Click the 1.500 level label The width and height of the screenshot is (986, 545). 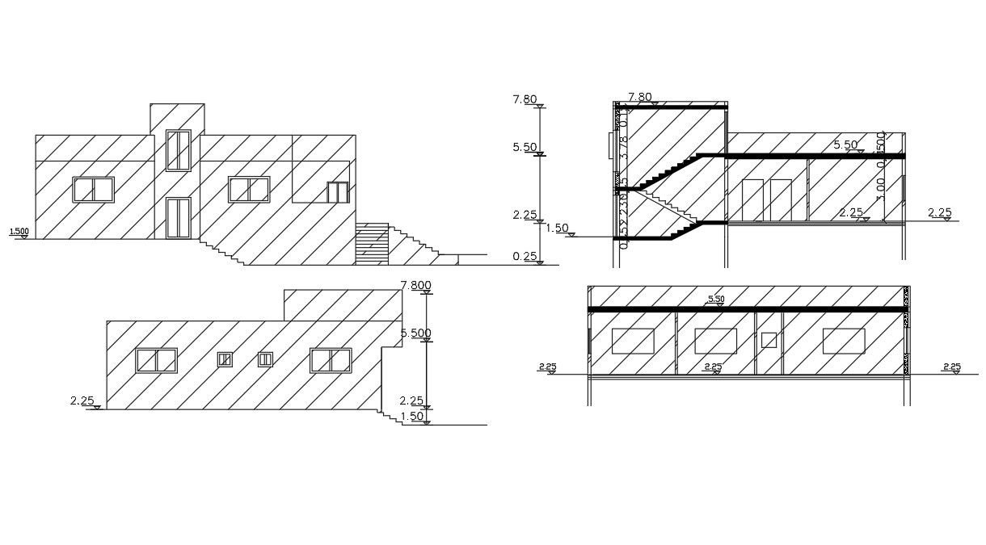pyautogui.click(x=19, y=232)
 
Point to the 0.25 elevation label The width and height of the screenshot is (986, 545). pyautogui.click(x=524, y=256)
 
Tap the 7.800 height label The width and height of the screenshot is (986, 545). pyautogui.click(x=415, y=285)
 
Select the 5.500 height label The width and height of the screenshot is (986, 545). pyautogui.click(x=415, y=333)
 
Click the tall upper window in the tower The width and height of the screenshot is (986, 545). pyautogui.click(x=178, y=150)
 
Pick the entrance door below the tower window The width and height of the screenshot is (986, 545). pyautogui.click(x=178, y=218)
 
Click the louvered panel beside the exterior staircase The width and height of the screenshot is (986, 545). pyautogui.click(x=372, y=244)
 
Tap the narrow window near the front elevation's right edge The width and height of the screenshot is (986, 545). pyautogui.click(x=337, y=192)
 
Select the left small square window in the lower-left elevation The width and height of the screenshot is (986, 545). pyautogui.click(x=225, y=359)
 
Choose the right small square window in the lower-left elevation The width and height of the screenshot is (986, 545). pyautogui.click(x=265, y=359)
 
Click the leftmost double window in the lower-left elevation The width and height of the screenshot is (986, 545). pyautogui.click(x=156, y=360)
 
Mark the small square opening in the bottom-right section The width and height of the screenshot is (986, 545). pyautogui.click(x=769, y=340)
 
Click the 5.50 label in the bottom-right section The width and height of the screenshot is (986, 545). pyautogui.click(x=716, y=300)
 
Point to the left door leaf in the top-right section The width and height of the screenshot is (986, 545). pyautogui.click(x=752, y=199)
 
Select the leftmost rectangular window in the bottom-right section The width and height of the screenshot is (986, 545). pyautogui.click(x=632, y=341)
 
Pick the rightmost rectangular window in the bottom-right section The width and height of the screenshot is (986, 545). pyautogui.click(x=844, y=341)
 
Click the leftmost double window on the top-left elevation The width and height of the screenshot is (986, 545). pyautogui.click(x=94, y=190)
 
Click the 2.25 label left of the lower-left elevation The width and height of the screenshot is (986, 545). pyautogui.click(x=82, y=400)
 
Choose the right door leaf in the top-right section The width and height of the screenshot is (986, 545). pyautogui.click(x=780, y=199)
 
